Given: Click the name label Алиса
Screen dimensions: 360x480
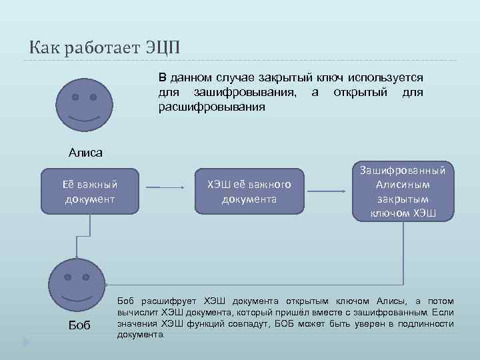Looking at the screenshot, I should pyautogui.click(x=85, y=153).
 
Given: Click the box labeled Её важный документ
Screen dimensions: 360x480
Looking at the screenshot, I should pyautogui.click(x=89, y=191).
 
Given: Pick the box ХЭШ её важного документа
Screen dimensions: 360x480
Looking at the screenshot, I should pyautogui.click(x=249, y=191).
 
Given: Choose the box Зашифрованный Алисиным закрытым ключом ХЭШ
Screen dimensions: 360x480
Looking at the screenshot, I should pyautogui.click(x=403, y=191).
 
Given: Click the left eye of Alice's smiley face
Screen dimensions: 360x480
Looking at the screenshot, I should pyautogui.click(x=75, y=97).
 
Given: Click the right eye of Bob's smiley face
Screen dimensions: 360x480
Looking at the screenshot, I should pyautogui.click(x=87, y=274).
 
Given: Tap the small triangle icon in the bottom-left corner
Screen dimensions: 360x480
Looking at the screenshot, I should pyautogui.click(x=27, y=342).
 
